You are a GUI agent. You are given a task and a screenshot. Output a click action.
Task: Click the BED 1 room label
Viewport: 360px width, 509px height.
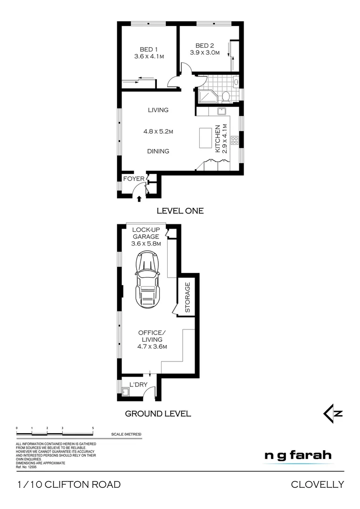(x=148, y=49)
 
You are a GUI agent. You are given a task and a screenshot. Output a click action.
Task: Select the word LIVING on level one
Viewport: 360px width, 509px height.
(x=158, y=110)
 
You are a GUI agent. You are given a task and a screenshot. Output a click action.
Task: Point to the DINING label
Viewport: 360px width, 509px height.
(x=158, y=151)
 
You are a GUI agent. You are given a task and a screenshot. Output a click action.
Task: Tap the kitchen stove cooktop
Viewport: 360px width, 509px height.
(x=235, y=140)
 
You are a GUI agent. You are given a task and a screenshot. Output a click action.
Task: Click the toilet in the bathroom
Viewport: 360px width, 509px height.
(x=225, y=97)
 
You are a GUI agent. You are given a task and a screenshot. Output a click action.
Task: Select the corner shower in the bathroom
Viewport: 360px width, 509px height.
(x=206, y=97)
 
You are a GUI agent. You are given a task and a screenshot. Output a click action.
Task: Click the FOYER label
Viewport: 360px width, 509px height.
(x=133, y=179)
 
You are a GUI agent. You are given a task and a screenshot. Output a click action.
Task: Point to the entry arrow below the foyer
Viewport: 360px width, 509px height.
(x=139, y=199)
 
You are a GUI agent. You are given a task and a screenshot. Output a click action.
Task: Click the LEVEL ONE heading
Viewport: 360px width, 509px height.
(x=180, y=211)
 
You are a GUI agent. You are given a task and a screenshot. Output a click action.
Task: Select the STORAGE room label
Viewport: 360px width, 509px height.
(x=187, y=298)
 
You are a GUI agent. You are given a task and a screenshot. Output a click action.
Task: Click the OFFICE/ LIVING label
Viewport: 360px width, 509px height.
(x=150, y=339)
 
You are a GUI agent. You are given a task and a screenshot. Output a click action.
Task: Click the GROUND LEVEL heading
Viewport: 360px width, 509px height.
(x=157, y=414)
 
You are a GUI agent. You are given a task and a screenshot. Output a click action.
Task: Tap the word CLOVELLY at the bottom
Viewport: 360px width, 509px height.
(x=317, y=484)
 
